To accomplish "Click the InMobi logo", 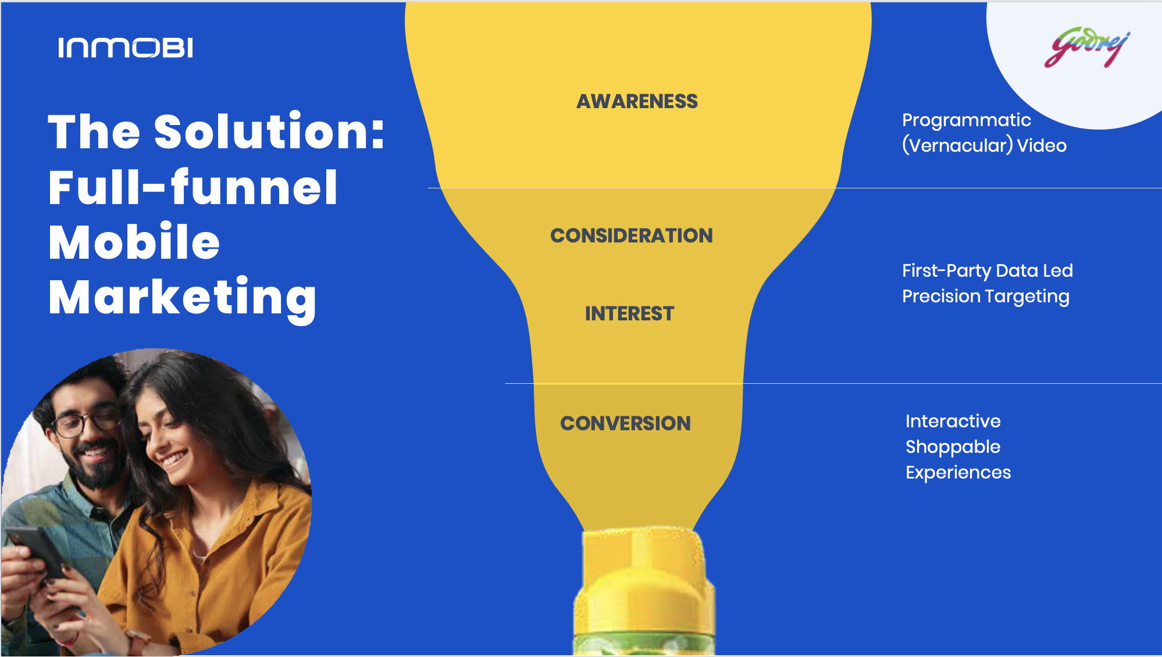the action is (x=125, y=48).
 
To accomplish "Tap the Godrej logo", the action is (x=1086, y=47).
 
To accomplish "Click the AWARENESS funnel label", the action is (x=637, y=101).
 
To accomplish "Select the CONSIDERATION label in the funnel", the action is (x=632, y=235).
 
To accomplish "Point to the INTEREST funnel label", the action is (x=629, y=313).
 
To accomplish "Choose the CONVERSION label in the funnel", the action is (x=625, y=423).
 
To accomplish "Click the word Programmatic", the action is (x=966, y=120).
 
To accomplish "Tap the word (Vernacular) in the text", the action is (x=957, y=145).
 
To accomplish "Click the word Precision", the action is (x=942, y=297).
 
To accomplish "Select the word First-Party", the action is (x=946, y=271).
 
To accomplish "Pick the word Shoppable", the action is (x=953, y=447).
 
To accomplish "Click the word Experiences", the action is (x=958, y=473).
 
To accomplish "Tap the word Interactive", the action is (x=953, y=421).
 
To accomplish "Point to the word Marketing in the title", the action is (x=183, y=298).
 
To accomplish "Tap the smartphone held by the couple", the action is (x=38, y=552).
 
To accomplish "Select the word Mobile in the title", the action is (x=134, y=242).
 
